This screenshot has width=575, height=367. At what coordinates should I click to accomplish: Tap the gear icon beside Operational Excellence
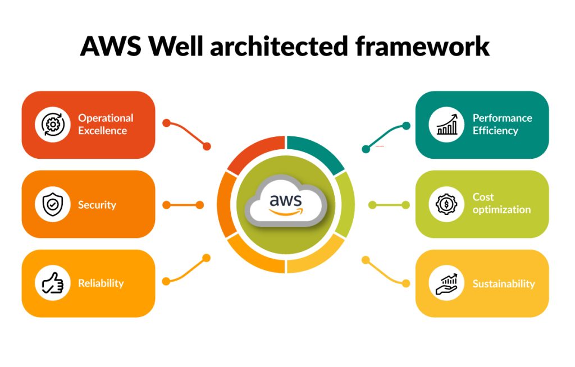click(53, 125)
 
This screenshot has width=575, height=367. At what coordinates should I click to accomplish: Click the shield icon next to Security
click(53, 205)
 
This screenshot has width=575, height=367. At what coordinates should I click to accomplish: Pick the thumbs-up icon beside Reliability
click(53, 283)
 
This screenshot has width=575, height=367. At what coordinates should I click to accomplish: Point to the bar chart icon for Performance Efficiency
click(447, 125)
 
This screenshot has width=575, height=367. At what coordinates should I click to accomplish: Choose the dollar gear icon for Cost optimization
click(447, 204)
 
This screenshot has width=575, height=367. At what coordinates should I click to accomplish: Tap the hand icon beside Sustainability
click(447, 283)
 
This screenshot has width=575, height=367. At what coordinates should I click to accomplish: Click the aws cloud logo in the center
click(286, 204)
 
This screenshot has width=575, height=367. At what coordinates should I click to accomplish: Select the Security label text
click(97, 205)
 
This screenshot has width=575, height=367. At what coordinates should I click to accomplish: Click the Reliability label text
click(101, 283)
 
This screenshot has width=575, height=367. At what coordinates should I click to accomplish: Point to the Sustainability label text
click(504, 283)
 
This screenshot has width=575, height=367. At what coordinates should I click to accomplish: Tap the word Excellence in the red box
click(103, 131)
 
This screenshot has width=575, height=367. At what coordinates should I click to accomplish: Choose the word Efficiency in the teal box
click(495, 131)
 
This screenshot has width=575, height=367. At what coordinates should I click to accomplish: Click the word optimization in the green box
click(501, 210)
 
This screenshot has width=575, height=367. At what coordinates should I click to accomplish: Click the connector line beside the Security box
click(183, 205)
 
